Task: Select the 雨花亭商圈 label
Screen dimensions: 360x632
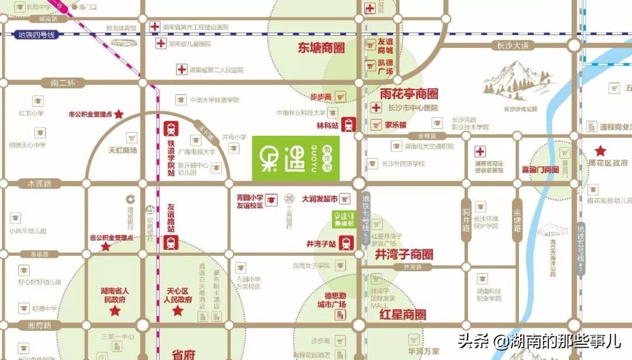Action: click(408, 94)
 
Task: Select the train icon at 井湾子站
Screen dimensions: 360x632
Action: click(346, 243)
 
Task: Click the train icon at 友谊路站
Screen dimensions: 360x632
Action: click(171, 242)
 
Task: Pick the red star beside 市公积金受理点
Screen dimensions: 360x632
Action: click(119, 115)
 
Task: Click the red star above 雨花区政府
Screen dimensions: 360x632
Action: click(600, 150)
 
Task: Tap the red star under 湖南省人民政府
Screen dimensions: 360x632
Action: click(115, 311)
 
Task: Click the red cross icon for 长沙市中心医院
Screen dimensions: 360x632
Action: click(376, 108)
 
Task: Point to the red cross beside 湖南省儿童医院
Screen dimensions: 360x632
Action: click(160, 44)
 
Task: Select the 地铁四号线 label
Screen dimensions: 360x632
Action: click(36, 35)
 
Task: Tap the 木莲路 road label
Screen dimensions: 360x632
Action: click(40, 184)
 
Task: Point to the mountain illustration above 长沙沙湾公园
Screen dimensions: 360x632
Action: click(509, 82)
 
